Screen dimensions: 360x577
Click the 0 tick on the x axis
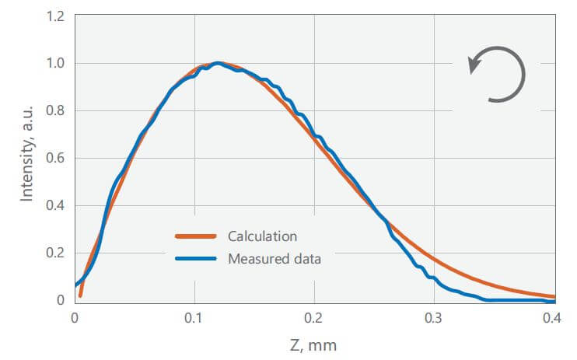[75, 317]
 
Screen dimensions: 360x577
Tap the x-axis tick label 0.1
[194, 317]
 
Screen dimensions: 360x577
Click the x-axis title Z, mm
[314, 344]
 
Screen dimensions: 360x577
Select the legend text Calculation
[262, 236]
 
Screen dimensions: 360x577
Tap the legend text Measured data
[275, 259]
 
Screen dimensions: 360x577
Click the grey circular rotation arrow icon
[498, 75]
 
